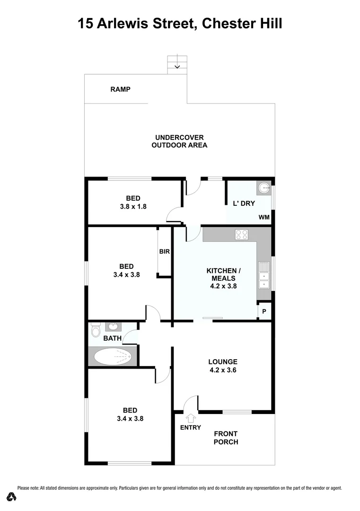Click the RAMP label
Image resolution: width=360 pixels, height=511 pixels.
coord(120,89)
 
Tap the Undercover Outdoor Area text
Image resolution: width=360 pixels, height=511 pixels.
coord(179,141)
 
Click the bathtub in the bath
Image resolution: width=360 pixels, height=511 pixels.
coord(113,356)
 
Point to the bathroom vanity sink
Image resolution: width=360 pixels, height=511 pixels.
coord(114,326)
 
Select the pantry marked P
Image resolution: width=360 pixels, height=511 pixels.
coord(264,312)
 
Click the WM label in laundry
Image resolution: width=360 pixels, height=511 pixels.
coord(264,218)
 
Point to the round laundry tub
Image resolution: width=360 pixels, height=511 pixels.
coord(263,188)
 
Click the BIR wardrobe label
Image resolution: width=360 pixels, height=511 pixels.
coord(164,252)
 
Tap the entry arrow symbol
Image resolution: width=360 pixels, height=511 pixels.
coord(191,418)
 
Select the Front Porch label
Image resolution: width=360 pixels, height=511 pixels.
coord(226,438)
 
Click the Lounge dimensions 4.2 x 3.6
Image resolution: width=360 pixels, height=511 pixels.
coord(222,370)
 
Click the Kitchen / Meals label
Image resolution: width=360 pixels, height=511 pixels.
coord(224,274)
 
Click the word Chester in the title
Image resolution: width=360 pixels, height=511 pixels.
coord(226,23)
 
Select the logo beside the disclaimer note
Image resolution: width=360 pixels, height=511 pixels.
coord(12,496)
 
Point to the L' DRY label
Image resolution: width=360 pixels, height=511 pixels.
coord(245,203)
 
